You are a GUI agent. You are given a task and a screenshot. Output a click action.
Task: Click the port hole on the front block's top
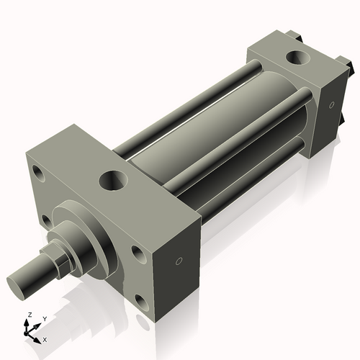[113, 179]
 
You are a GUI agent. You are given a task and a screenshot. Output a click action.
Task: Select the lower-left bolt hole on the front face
[46, 220]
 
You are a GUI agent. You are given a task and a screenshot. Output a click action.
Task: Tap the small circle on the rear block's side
[331, 105]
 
